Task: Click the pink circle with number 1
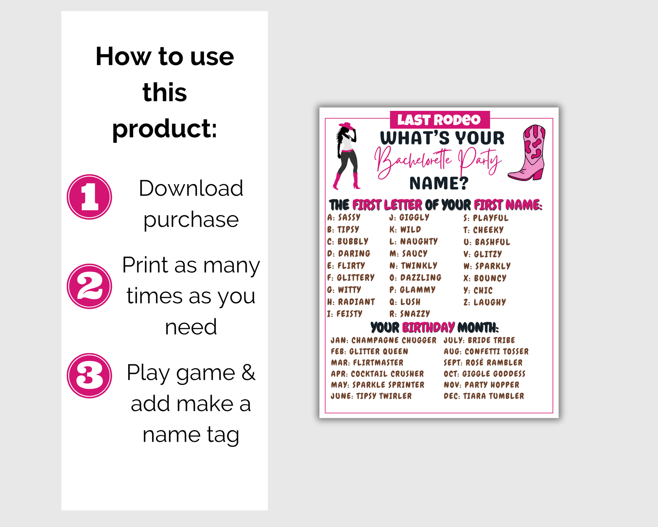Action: pyautogui.click(x=89, y=197)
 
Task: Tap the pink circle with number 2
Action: pyautogui.click(x=89, y=286)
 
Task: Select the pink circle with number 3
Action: pyautogui.click(x=89, y=376)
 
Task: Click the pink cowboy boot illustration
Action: pyautogui.click(x=527, y=153)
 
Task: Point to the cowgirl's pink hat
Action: pyautogui.click(x=347, y=126)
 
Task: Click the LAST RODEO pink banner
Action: pyautogui.click(x=440, y=120)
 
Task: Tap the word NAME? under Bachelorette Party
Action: pyautogui.click(x=439, y=183)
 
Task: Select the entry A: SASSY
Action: pyautogui.click(x=344, y=217)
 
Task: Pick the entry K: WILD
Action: pyautogui.click(x=405, y=229)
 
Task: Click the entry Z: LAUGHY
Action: pyautogui.click(x=485, y=302)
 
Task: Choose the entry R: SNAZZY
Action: pyautogui.click(x=409, y=314)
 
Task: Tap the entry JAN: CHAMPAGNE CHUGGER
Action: pyautogui.click(x=383, y=340)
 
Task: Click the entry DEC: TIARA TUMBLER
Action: pyautogui.click(x=484, y=396)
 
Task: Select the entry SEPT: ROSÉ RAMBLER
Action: pyautogui.click(x=483, y=363)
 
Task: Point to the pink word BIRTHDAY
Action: pyautogui.click(x=428, y=327)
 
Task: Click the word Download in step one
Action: pyautogui.click(x=191, y=188)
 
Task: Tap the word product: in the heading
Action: pyautogui.click(x=165, y=129)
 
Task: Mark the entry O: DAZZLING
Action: pyautogui.click(x=415, y=278)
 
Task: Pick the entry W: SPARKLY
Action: pyautogui.click(x=487, y=266)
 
